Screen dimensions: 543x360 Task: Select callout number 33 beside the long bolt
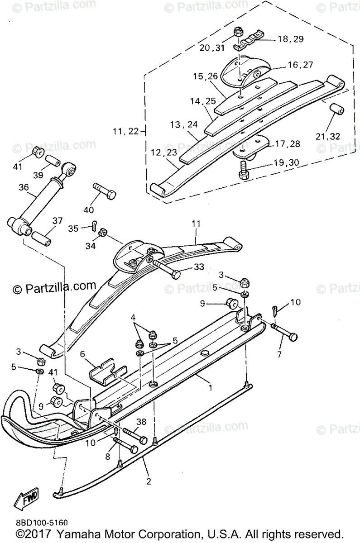click(x=199, y=268)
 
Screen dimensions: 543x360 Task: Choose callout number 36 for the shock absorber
click(x=24, y=187)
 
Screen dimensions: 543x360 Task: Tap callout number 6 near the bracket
click(x=82, y=355)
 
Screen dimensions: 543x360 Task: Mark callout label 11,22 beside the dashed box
click(x=126, y=132)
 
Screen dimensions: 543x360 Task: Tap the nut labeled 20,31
click(x=238, y=33)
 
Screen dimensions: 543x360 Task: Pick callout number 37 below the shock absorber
click(x=57, y=220)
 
